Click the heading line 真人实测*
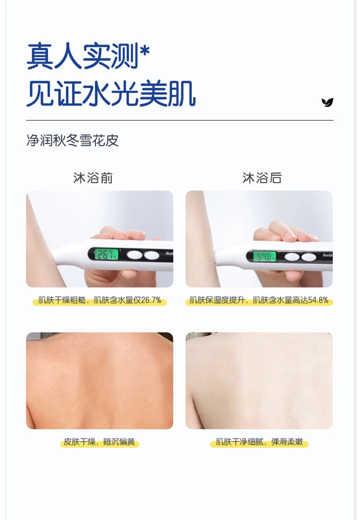[x=88, y=56]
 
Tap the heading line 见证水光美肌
[x=111, y=94]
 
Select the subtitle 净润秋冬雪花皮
[x=72, y=140]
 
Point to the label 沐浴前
[x=93, y=178]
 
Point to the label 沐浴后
[x=262, y=178]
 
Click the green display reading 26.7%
[x=106, y=254]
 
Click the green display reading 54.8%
[x=265, y=256]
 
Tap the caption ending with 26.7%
[x=100, y=300]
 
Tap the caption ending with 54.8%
[x=259, y=300]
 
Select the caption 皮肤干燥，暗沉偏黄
[x=99, y=442]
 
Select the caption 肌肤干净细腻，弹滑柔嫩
[x=259, y=442]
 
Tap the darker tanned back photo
[x=99, y=381]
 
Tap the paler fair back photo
[x=259, y=381]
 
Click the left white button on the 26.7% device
[x=134, y=255]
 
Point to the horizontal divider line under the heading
[x=180, y=120]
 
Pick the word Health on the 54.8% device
[x=328, y=255]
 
